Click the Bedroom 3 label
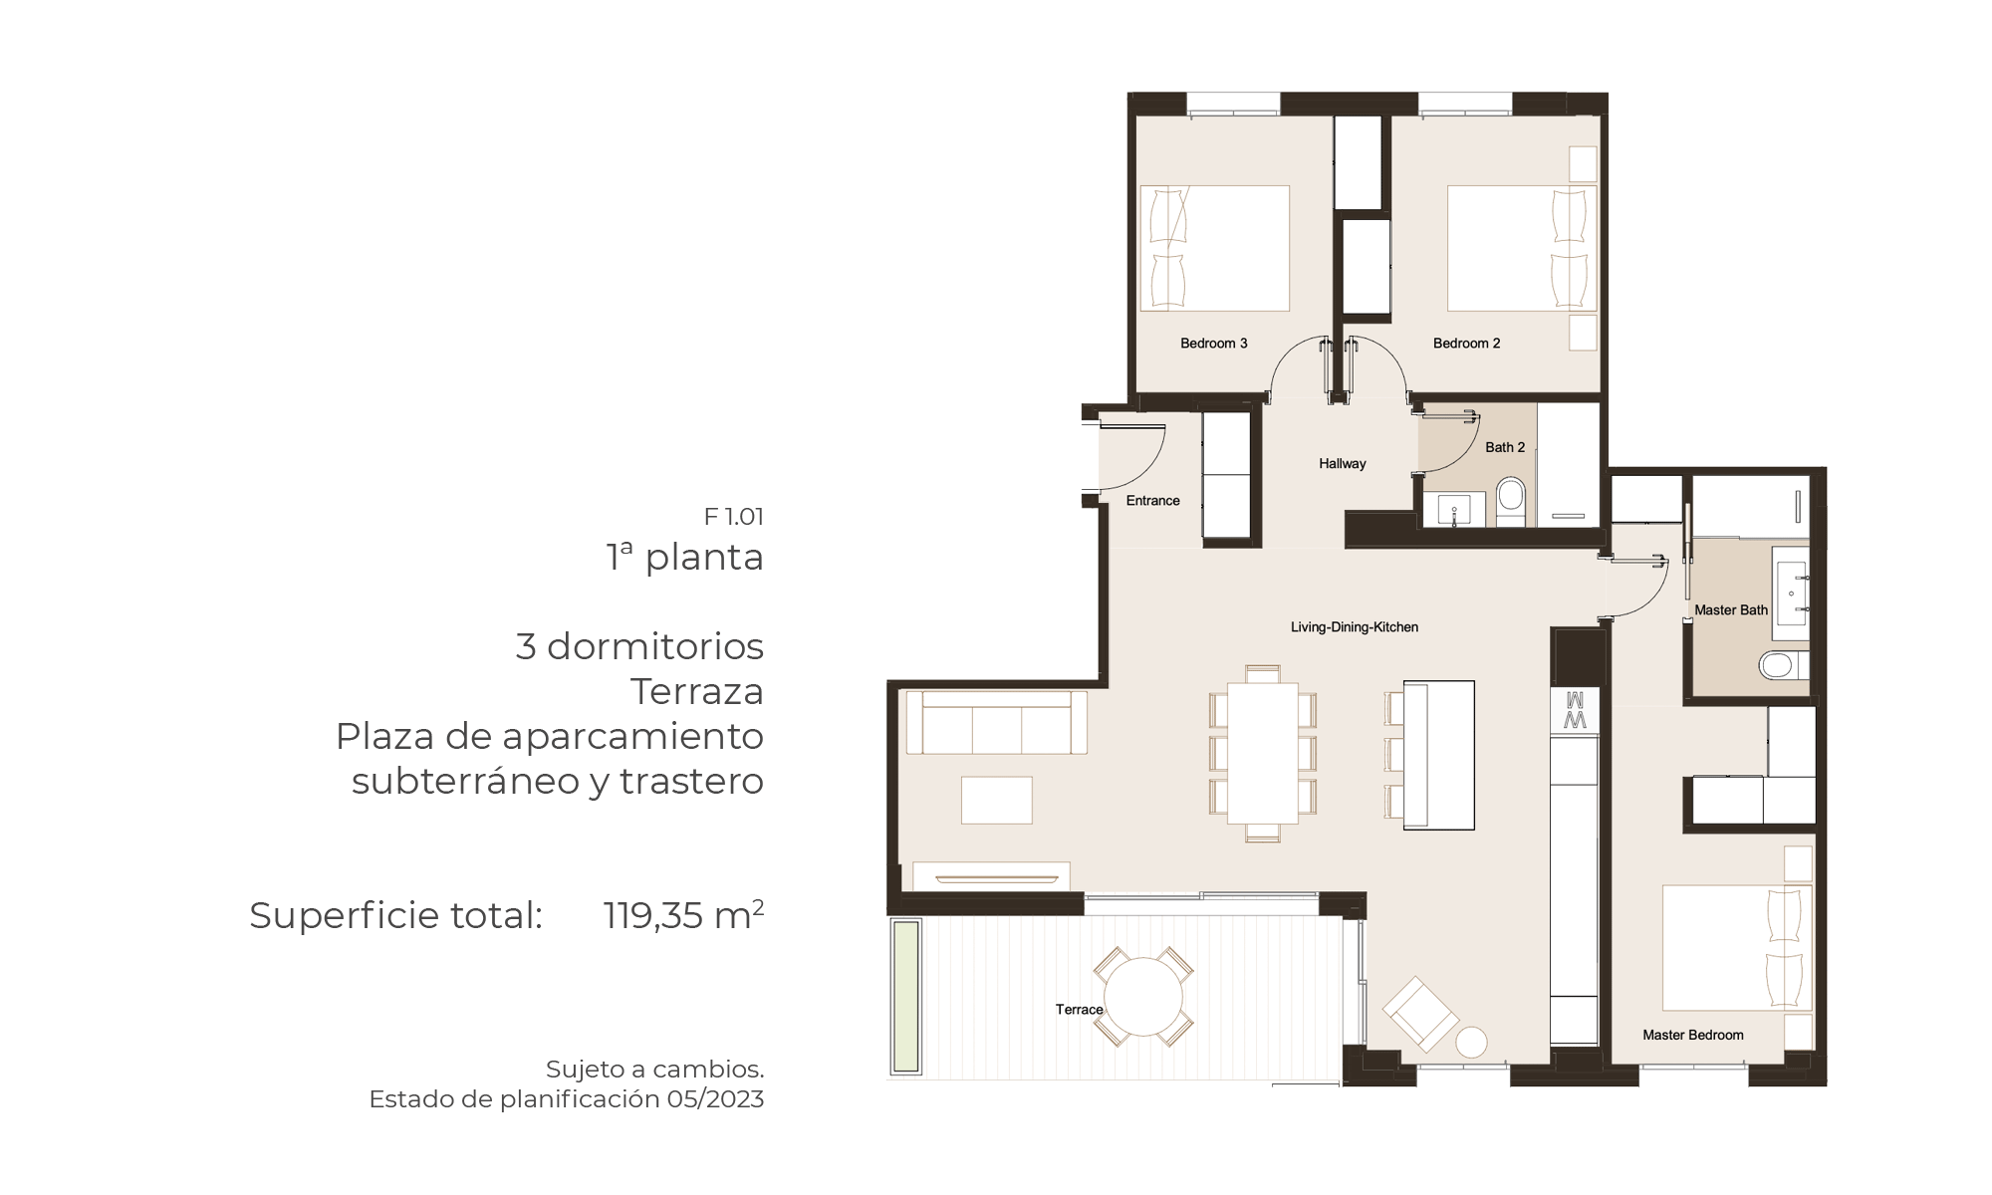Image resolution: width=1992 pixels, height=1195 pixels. click(x=1213, y=344)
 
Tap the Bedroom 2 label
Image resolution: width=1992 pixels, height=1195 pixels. click(x=1466, y=344)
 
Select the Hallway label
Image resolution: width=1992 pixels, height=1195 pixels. click(x=1342, y=464)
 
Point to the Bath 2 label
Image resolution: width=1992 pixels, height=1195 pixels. click(x=1505, y=448)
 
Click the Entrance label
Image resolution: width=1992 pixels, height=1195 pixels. click(x=1152, y=501)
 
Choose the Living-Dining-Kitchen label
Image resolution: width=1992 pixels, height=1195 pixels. click(x=1355, y=627)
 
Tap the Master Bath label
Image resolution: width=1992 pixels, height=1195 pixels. click(x=1731, y=610)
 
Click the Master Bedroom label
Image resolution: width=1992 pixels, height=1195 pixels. click(x=1693, y=1036)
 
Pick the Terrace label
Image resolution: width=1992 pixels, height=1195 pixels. click(x=1080, y=1010)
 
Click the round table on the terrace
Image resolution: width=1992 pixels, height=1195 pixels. click(x=1143, y=997)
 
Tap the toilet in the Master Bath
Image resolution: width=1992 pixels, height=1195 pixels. click(x=1782, y=664)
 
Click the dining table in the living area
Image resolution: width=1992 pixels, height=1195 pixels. click(x=1263, y=753)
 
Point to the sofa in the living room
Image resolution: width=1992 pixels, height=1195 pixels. click(x=996, y=722)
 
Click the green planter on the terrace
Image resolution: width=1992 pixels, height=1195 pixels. click(x=905, y=997)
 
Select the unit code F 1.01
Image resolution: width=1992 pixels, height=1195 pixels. click(x=734, y=517)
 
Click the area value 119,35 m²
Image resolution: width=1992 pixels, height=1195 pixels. click(x=683, y=915)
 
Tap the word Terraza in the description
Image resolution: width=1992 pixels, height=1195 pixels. click(x=697, y=691)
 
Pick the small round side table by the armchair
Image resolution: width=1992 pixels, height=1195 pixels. click(x=1471, y=1043)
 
